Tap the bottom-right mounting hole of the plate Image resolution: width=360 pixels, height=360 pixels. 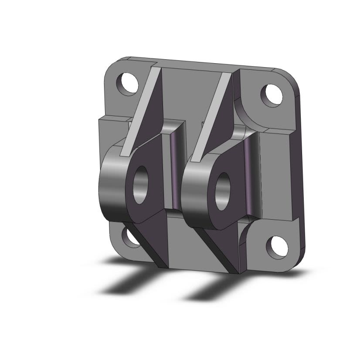pos(277,247)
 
